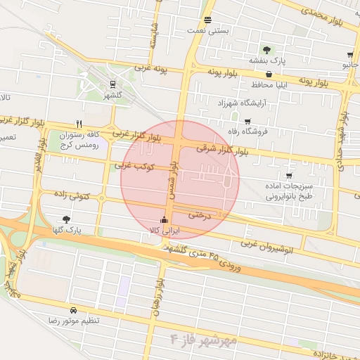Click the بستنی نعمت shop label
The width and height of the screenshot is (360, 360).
click(x=206, y=31)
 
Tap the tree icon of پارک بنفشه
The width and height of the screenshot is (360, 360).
click(x=267, y=49)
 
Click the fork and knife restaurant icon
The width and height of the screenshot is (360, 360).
click(x=79, y=123)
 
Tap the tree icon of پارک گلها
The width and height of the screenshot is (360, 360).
click(x=67, y=219)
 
